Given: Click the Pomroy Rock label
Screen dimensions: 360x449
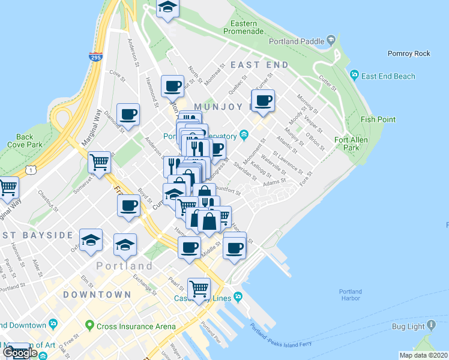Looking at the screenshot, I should [409, 53].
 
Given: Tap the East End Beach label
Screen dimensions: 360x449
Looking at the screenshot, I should [388, 76].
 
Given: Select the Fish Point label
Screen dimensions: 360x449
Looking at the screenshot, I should [378, 119].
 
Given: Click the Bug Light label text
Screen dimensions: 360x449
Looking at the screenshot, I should [406, 326].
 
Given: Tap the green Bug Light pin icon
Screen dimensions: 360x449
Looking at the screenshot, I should [432, 326].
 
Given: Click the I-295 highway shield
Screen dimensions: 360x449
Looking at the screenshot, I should [95, 58].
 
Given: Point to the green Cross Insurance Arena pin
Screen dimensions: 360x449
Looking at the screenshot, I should [90, 326].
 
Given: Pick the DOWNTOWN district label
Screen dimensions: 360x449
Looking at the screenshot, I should [97, 295].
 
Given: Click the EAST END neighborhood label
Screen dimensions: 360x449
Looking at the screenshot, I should [259, 64].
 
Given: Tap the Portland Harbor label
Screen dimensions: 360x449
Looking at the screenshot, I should [348, 295].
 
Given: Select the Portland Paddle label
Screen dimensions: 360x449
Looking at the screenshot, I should [298, 41].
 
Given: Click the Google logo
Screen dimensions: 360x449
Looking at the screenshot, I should [20, 352].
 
